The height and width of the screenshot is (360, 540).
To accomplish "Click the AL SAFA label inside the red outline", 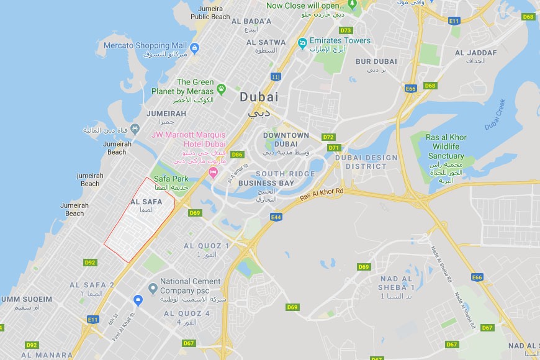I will point(146,202).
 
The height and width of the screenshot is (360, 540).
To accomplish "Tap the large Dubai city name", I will point(259,97).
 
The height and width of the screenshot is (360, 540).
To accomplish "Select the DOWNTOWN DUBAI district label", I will point(286,140).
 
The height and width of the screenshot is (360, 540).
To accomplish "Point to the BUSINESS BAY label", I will point(266,183).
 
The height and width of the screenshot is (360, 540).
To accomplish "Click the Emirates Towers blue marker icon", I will point(302,42).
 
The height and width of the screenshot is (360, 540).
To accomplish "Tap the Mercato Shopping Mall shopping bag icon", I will point(194,47).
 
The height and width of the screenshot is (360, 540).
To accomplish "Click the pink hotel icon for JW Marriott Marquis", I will point(214,172).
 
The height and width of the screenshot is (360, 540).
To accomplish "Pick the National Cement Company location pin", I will point(153,287).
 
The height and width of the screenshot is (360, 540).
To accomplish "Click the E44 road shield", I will point(276,217).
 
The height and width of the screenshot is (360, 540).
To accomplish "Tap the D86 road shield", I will point(236,155).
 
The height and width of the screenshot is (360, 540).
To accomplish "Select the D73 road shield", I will point(346,30).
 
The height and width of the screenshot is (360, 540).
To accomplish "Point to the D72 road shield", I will point(328,137).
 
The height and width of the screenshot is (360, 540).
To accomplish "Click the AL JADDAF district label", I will point(476,53).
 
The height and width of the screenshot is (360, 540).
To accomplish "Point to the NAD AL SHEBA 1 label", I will point(397,283).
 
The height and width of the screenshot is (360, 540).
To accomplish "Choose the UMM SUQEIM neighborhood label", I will point(27,299).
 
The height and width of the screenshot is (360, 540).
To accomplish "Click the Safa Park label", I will point(171,179).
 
